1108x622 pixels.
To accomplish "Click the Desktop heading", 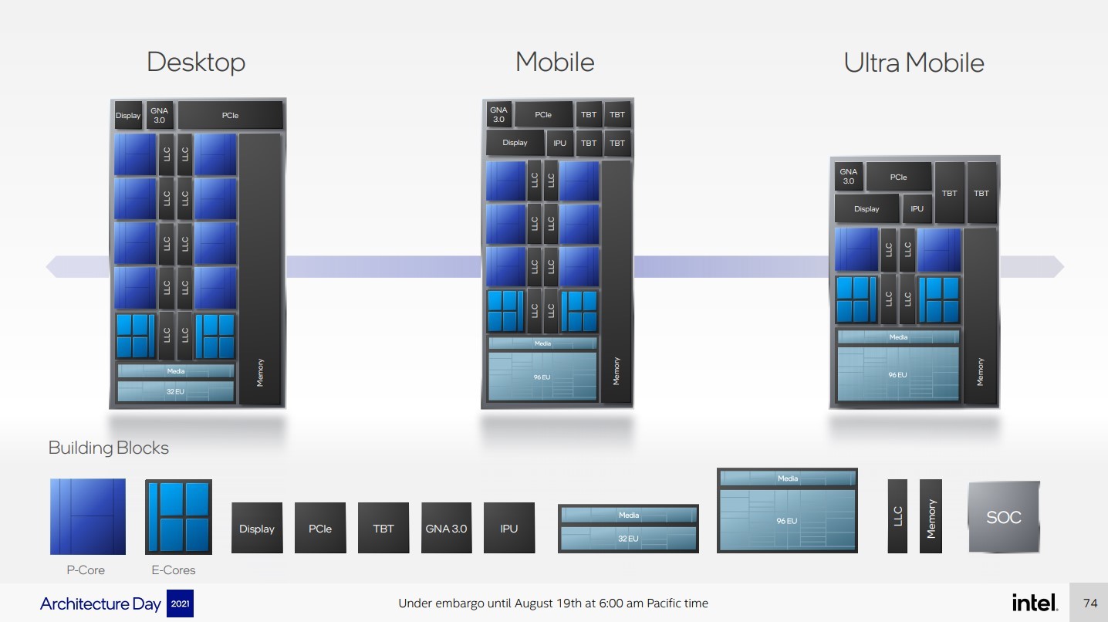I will pyautogui.click(x=196, y=62).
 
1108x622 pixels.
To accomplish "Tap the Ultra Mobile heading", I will pyautogui.click(x=914, y=63).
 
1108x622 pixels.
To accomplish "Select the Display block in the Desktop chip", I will pyautogui.click(x=128, y=116).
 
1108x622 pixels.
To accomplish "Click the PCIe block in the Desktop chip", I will pyautogui.click(x=230, y=116).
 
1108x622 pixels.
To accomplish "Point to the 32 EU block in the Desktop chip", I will pyautogui.click(x=175, y=392).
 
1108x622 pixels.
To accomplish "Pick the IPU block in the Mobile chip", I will pyautogui.click(x=559, y=143).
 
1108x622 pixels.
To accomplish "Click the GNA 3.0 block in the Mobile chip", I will pyautogui.click(x=498, y=115).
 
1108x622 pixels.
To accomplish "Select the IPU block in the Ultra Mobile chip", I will pyautogui.click(x=917, y=208).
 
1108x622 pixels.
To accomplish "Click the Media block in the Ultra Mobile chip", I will pyautogui.click(x=898, y=337).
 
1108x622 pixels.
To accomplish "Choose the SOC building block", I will pyautogui.click(x=1003, y=517).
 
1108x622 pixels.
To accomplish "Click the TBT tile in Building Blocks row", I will pyautogui.click(x=383, y=528).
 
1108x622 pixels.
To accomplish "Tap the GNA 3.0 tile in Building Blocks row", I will pyautogui.click(x=447, y=528).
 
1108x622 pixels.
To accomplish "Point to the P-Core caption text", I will pyautogui.click(x=86, y=570).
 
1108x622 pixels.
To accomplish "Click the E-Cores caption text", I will pyautogui.click(x=174, y=570).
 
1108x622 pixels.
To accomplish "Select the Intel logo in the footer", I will pyautogui.click(x=1034, y=603).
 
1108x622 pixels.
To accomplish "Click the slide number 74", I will pyautogui.click(x=1090, y=603).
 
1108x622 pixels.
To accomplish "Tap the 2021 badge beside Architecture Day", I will pyautogui.click(x=180, y=603).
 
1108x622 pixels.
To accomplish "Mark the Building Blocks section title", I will pyautogui.click(x=108, y=448).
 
